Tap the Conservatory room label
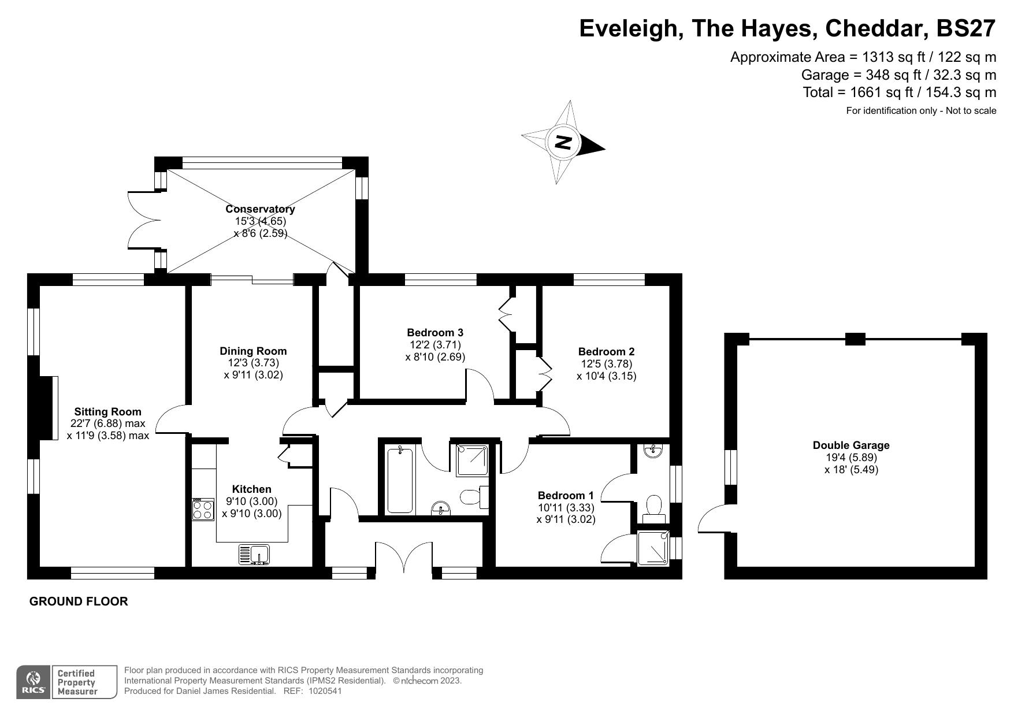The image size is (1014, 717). click(x=260, y=209)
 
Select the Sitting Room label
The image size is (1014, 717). click(x=107, y=411)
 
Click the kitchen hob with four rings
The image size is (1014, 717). click(x=203, y=510)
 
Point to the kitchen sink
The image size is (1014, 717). click(x=254, y=555)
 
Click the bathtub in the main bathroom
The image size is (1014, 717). click(x=400, y=480)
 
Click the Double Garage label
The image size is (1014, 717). click(x=851, y=445)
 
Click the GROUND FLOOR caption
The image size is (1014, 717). click(x=79, y=601)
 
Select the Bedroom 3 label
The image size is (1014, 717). click(x=435, y=332)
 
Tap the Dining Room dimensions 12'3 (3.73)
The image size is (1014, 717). click(x=253, y=363)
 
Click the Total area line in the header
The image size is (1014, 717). click(x=900, y=92)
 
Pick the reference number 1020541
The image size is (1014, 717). click(x=326, y=690)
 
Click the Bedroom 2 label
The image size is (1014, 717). click(x=606, y=351)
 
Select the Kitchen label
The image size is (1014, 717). click(x=252, y=489)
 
